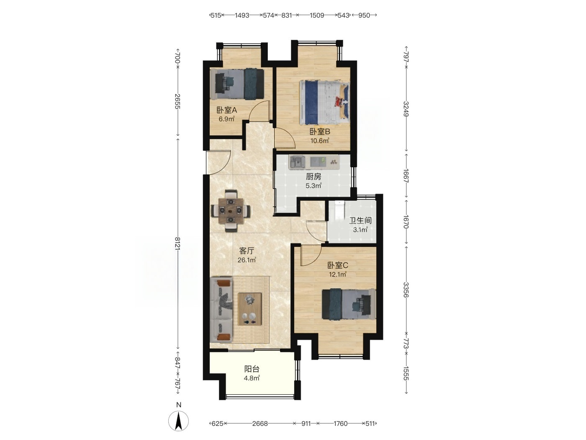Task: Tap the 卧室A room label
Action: (227, 110)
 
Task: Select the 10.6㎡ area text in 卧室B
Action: (319, 140)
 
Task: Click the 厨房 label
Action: (314, 176)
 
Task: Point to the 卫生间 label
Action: (361, 220)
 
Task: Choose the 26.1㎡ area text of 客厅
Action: (247, 260)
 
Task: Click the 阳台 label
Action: (252, 369)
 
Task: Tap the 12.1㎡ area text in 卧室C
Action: (337, 274)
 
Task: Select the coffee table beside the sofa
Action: (249, 309)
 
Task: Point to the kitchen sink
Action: (297, 162)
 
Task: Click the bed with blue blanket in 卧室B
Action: (324, 102)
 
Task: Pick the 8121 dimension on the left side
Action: (177, 243)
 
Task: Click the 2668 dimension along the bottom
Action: (260, 423)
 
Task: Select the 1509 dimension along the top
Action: (316, 16)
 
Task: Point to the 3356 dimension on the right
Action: (406, 290)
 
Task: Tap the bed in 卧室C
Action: (349, 304)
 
